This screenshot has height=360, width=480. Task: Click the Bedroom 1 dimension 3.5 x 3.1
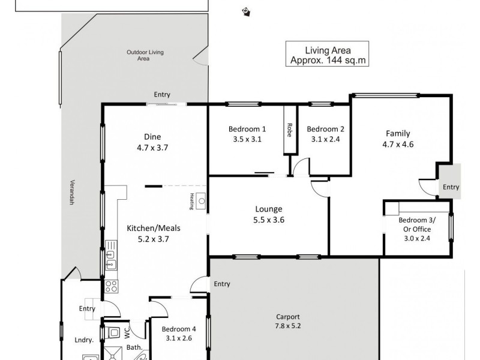click(x=247, y=139)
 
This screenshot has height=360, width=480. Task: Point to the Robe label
click(x=289, y=130)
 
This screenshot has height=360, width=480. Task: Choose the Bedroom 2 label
click(x=325, y=129)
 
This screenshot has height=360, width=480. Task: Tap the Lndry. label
click(x=83, y=340)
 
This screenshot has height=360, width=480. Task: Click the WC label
click(x=126, y=332)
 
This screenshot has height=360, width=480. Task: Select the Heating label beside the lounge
click(x=192, y=202)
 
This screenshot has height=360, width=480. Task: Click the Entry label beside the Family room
click(x=451, y=187)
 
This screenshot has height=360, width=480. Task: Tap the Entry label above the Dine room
click(x=162, y=95)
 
